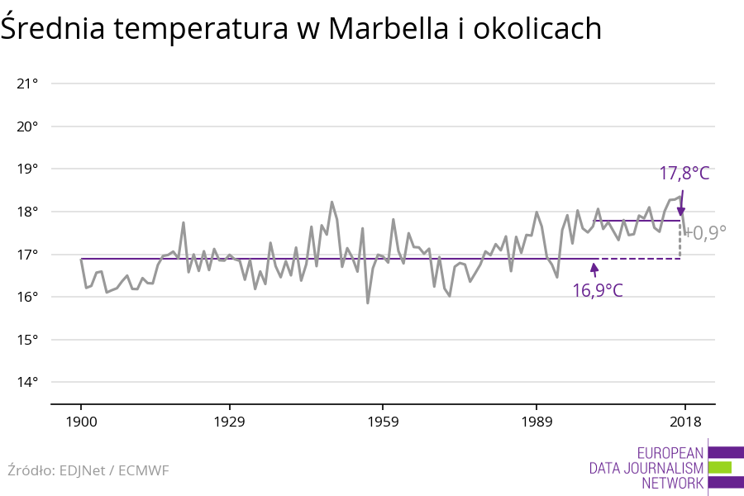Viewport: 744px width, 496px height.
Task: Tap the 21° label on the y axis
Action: coord(27,83)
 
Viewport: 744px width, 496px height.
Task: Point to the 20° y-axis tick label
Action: coord(27,126)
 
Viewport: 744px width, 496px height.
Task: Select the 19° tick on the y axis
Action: coord(27,169)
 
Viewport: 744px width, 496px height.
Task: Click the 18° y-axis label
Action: coord(27,212)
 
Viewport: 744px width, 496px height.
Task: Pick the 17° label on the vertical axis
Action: coord(27,255)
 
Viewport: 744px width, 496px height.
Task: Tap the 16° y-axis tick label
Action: coord(27,297)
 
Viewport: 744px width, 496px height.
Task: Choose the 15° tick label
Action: coord(27,340)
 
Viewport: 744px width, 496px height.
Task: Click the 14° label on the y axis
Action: coord(27,382)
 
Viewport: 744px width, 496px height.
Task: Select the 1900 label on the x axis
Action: coord(81,422)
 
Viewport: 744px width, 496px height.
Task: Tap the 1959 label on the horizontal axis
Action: coord(382,422)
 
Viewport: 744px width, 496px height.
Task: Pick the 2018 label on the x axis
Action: coord(684,422)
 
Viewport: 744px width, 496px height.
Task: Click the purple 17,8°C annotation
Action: coord(684,174)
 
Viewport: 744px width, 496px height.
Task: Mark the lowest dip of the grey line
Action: coord(368,303)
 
